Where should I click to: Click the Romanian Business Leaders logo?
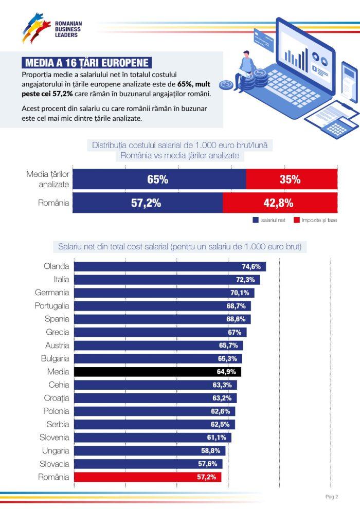click(x=51, y=28)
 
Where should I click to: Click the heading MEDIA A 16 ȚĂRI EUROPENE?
click(x=86, y=63)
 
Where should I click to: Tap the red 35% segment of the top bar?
click(x=291, y=179)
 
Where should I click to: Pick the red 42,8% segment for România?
click(x=279, y=203)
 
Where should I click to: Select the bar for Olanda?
click(x=170, y=266)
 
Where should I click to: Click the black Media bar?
click(x=157, y=372)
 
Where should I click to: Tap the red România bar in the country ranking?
click(x=148, y=477)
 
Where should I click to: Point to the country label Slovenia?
click(x=54, y=438)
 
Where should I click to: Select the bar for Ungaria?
click(x=150, y=451)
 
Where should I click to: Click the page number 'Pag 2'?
click(x=332, y=497)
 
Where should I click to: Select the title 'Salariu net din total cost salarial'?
click(x=183, y=247)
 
